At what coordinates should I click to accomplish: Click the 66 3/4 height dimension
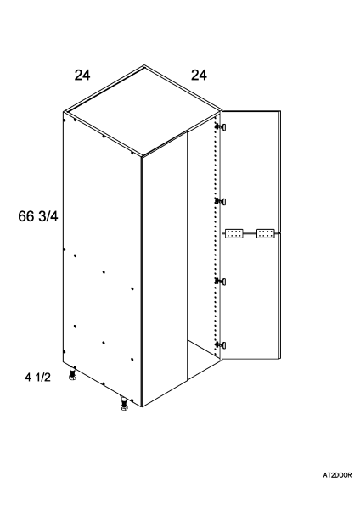coord(38,216)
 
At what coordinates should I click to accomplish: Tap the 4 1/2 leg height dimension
coord(37,378)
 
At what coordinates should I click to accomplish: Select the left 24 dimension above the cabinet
coord(82,75)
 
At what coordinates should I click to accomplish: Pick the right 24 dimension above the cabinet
coord(199,75)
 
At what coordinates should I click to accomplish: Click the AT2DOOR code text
coord(337,475)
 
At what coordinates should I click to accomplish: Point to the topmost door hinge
coord(221,126)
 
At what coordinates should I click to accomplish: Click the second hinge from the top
coord(221,202)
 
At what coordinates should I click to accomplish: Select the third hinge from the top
coord(221,281)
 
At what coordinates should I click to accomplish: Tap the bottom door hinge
coord(221,344)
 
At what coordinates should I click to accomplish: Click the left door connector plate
coord(234,233)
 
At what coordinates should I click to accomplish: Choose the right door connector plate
coord(266,233)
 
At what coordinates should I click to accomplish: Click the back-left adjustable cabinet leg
coord(72,373)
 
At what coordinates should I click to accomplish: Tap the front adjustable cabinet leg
coord(124,404)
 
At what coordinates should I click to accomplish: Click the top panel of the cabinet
coord(143,110)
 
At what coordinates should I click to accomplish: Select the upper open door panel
coord(250,171)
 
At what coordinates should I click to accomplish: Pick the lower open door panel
coord(250,296)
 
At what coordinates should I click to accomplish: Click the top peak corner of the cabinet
coord(144,65)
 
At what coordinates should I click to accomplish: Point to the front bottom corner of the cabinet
coord(142,406)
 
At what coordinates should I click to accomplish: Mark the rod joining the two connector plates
coord(250,233)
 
